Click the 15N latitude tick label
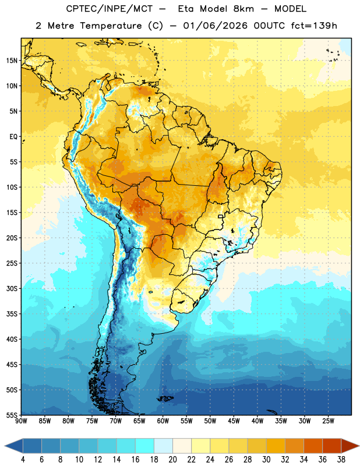click(12, 61)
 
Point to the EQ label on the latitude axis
click(13, 137)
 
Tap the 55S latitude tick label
click(12, 415)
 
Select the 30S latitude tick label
click(12, 288)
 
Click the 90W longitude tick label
click(21, 421)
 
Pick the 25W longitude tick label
click(328, 421)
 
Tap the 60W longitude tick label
click(163, 421)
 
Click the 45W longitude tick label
click(234, 421)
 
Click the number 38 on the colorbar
click(341, 460)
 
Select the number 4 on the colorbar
click(23, 460)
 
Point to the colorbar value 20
click(172, 460)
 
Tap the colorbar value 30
click(266, 460)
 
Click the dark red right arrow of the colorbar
click(350, 446)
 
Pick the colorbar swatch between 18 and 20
click(163, 446)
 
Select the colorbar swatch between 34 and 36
click(313, 446)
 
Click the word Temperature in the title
click(111, 26)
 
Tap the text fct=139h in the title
click(314, 26)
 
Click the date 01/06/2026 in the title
click(215, 26)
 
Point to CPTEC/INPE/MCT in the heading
click(109, 9)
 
